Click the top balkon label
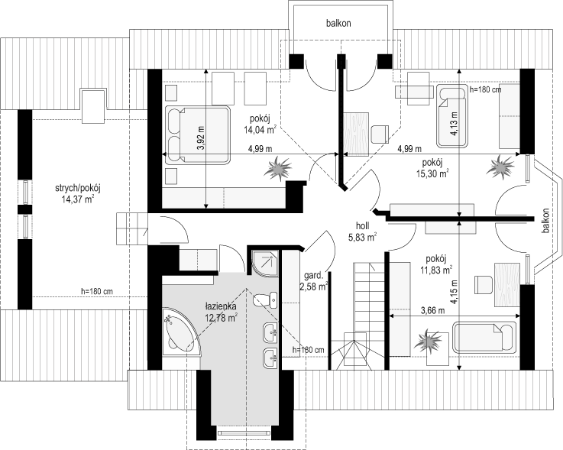coord(338,24)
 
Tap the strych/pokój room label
coord(77,188)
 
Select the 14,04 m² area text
coord(260,129)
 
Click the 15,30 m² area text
coord(432,174)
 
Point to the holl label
coord(362,226)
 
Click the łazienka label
coord(221,306)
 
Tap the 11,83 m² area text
coord(436,270)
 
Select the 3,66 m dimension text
coord(432,310)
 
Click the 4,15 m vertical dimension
coord(455,292)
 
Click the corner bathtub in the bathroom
coord(180,331)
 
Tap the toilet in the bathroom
coord(265,301)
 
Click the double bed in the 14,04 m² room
coord(197,135)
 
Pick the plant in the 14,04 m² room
coord(278,168)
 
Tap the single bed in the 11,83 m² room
coord(484,337)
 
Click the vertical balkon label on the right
coord(546,221)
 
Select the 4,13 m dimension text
coord(455,123)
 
